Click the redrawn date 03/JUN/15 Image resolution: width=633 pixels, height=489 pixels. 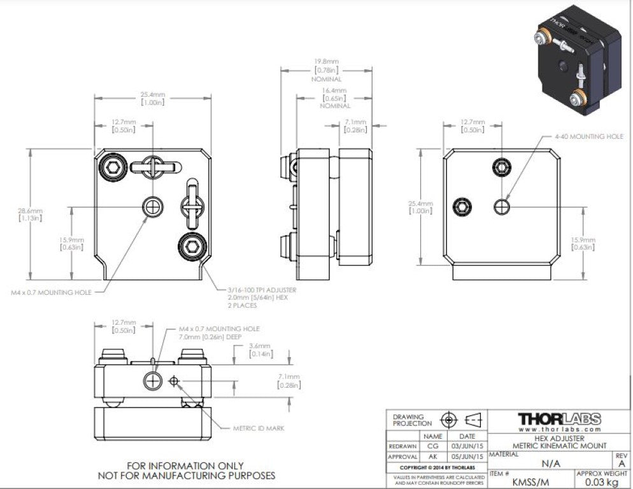(x=467, y=446)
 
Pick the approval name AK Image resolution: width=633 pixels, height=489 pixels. (x=432, y=457)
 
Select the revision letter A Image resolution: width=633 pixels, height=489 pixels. (x=622, y=464)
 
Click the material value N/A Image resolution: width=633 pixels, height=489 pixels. (x=550, y=464)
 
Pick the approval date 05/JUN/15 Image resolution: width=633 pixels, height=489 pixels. (x=467, y=457)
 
